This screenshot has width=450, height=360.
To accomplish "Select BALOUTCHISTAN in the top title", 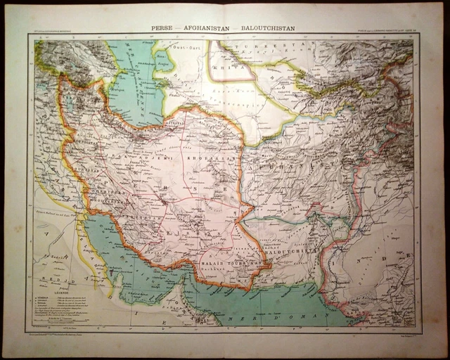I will pyautogui.click(x=267, y=30).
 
